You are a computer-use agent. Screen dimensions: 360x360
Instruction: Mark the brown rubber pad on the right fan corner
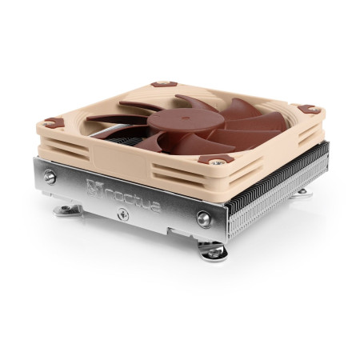306,110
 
